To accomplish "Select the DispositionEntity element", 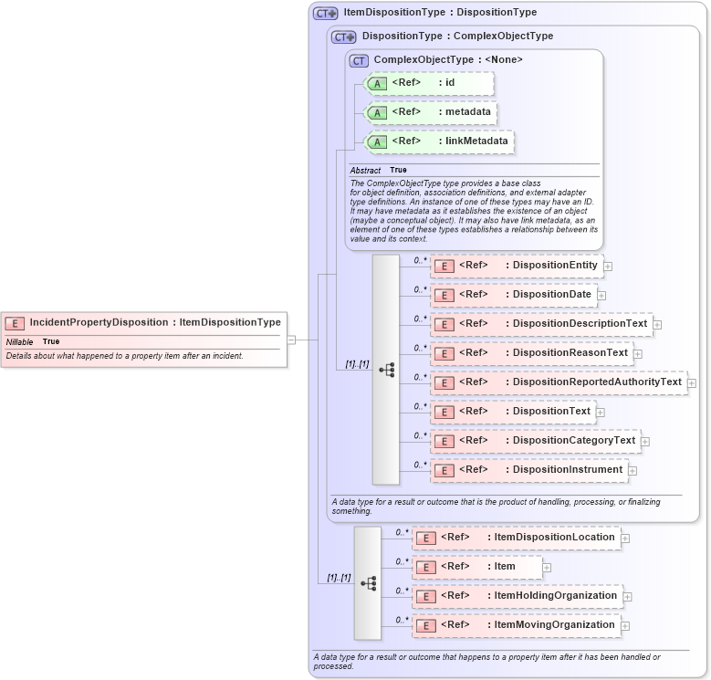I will (516, 266).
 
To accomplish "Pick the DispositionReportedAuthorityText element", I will (558, 382).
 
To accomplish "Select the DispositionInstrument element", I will (528, 470).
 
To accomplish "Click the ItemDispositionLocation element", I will (516, 538).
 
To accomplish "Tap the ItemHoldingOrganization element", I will (517, 596).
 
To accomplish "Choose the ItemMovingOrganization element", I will (516, 625).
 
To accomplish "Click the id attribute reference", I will (429, 83).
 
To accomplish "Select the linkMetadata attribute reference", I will (439, 141).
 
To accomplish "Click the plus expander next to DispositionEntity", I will (608, 267).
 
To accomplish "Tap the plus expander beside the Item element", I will (547, 568).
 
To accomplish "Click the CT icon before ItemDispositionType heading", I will (325, 14).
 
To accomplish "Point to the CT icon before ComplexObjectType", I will (360, 60).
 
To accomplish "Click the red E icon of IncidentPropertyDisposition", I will (16, 322).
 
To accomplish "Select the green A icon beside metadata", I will (377, 112).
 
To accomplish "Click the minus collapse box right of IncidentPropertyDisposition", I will (291, 340).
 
